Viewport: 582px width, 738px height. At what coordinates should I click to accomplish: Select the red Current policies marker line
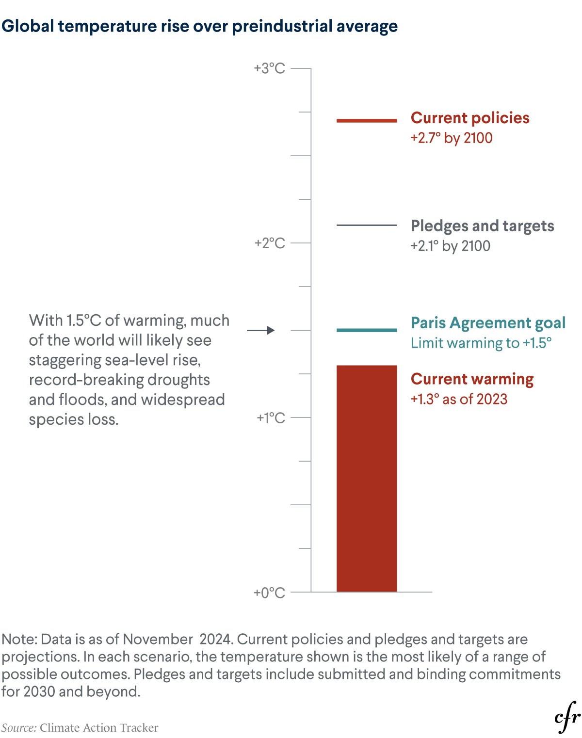point(367,120)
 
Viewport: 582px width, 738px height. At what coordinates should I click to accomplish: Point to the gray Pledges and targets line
point(367,225)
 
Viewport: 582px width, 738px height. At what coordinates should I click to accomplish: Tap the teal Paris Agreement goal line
point(367,330)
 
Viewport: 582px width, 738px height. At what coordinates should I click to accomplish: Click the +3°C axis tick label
point(270,68)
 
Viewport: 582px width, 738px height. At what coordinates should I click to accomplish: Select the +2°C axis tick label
point(270,243)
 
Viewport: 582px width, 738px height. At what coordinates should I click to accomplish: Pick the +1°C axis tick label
point(271,417)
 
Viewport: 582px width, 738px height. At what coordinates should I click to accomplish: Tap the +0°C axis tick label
point(270,593)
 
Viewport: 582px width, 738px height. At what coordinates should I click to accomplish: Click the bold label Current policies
point(469,118)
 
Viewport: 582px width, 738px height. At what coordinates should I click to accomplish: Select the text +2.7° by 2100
point(452,138)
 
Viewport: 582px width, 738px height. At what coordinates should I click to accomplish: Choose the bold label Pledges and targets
point(482,226)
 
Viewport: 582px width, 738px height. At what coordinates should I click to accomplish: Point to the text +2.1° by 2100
point(451,246)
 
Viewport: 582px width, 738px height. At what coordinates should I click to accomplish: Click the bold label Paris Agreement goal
point(488,323)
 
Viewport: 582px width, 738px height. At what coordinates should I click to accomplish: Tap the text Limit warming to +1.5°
point(481,343)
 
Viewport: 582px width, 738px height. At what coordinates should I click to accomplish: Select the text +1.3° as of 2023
point(459,399)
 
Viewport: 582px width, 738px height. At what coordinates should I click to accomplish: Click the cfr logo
point(567,717)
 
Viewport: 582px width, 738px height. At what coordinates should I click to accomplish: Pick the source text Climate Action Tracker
point(99,728)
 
